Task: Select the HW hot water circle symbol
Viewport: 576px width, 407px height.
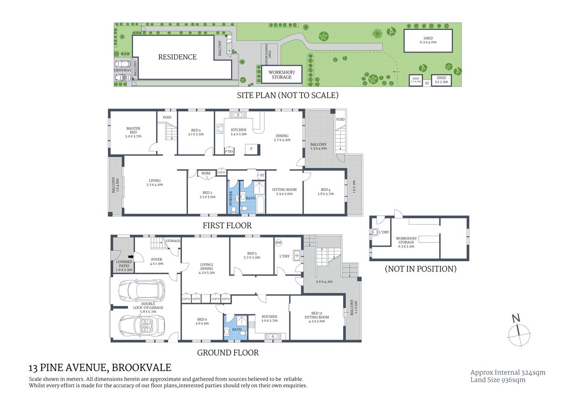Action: pyautogui.click(x=279, y=243)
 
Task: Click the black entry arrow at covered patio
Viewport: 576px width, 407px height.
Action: pyautogui.click(x=131, y=256)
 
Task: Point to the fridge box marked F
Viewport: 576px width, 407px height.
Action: pyautogui.click(x=252, y=149)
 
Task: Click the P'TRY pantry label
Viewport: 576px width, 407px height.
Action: pyautogui.click(x=229, y=151)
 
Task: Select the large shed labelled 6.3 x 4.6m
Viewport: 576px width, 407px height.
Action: pyautogui.click(x=428, y=41)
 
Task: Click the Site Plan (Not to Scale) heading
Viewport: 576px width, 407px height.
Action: pyautogui.click(x=287, y=95)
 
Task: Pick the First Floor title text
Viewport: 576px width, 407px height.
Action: pyautogui.click(x=227, y=226)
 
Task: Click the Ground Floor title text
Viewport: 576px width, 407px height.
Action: pyautogui.click(x=228, y=353)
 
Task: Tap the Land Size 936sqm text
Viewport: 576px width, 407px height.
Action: pyautogui.click(x=498, y=380)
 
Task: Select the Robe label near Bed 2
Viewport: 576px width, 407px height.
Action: pyautogui.click(x=206, y=173)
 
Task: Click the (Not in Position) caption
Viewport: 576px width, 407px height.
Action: pyautogui.click(x=420, y=269)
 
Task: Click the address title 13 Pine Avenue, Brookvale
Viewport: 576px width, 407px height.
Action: pyautogui.click(x=100, y=368)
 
